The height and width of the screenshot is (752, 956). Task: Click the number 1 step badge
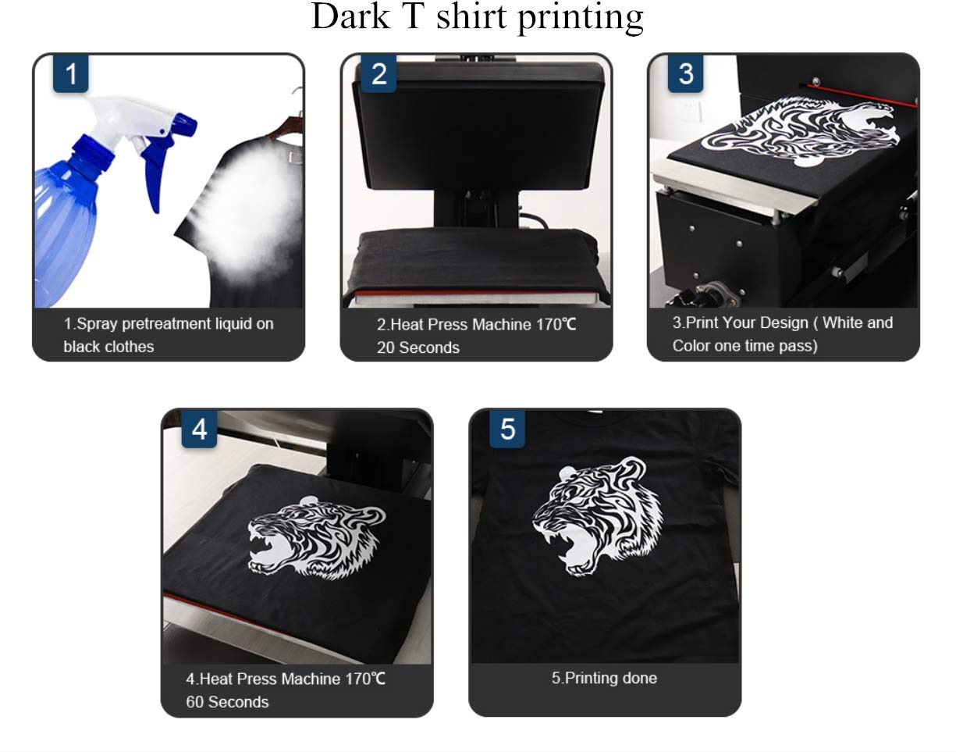(70, 74)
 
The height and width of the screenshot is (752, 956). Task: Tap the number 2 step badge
(378, 74)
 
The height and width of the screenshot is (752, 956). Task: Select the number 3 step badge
(686, 74)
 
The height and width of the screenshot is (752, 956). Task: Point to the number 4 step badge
(199, 429)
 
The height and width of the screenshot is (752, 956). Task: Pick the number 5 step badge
(507, 429)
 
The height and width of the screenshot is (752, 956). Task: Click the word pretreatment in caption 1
(169, 323)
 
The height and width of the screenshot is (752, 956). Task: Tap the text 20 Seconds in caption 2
(418, 347)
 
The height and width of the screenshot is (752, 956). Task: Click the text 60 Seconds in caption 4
(227, 702)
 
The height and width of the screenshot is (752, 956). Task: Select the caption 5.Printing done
(604, 678)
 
